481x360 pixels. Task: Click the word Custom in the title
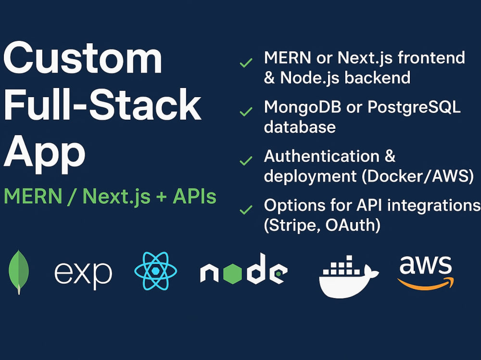pyautogui.click(x=83, y=58)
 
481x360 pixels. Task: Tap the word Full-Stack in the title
pyautogui.click(x=102, y=104)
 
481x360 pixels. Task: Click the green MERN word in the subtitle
pyautogui.click(x=33, y=196)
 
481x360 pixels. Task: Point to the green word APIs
pyautogui.click(x=194, y=196)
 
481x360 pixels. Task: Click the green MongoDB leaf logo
pyautogui.click(x=19, y=272)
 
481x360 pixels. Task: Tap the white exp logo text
pyautogui.click(x=83, y=273)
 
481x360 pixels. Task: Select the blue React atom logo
pyautogui.click(x=156, y=271)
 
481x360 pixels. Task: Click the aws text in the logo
pyautogui.click(x=426, y=265)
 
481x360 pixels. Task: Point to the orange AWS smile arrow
pyautogui.click(x=426, y=284)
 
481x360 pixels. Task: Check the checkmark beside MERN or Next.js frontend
pyautogui.click(x=246, y=62)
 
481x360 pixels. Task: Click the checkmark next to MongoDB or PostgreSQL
pyautogui.click(x=246, y=112)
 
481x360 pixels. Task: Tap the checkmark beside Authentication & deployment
pyautogui.click(x=246, y=161)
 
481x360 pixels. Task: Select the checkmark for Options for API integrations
pyautogui.click(x=246, y=210)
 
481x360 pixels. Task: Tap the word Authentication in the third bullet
pyautogui.click(x=322, y=156)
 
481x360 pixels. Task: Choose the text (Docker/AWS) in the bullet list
pyautogui.click(x=418, y=176)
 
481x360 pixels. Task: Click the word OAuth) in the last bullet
pyautogui.click(x=353, y=225)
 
